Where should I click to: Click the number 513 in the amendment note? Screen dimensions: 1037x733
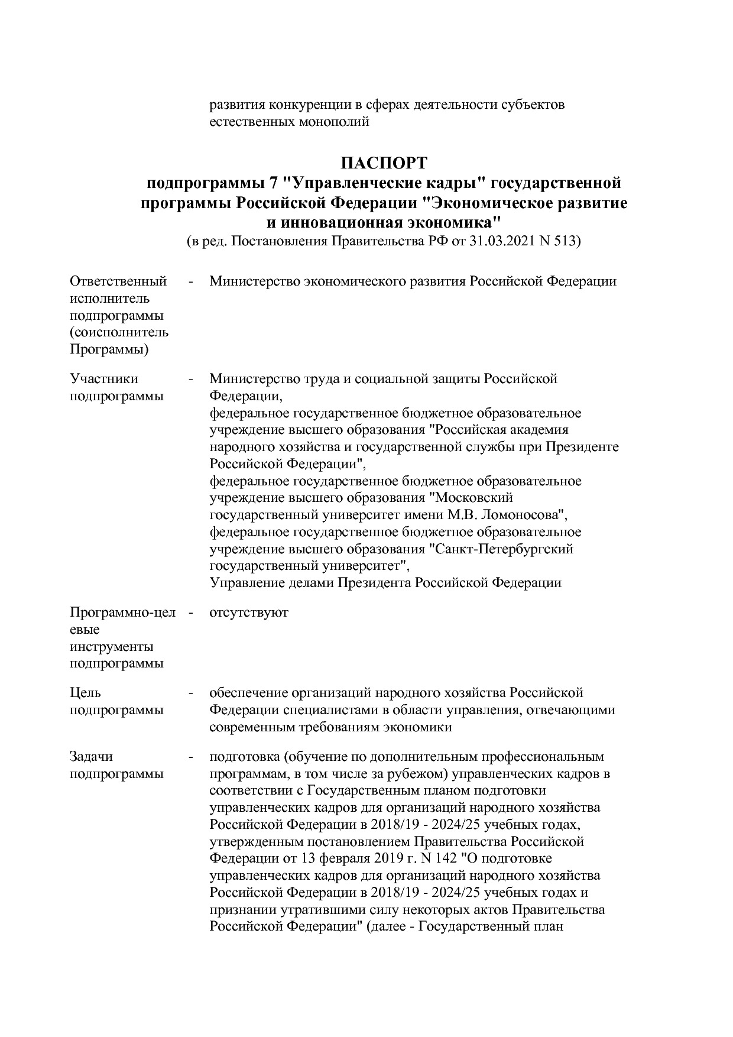[x=566, y=241]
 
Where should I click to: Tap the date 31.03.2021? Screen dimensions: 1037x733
[x=502, y=241]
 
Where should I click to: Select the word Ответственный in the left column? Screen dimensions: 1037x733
[x=118, y=281]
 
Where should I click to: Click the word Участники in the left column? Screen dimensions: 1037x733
[x=104, y=378]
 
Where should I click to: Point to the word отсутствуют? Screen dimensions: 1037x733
[x=249, y=612]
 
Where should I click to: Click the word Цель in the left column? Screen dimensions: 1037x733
[x=85, y=692]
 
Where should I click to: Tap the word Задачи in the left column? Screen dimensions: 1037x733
[x=91, y=757]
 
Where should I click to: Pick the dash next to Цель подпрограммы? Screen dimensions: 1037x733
[x=190, y=692]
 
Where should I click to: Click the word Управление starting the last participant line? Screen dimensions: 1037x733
[x=242, y=583]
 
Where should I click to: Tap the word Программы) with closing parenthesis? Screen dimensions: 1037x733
[x=109, y=349]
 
